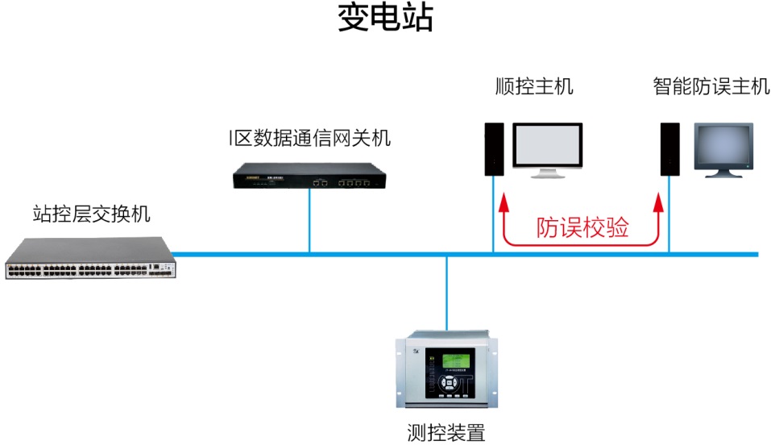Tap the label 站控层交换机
[x=91, y=214]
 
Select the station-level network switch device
[x=90, y=260]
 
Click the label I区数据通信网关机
[x=309, y=139]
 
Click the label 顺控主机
[x=534, y=86]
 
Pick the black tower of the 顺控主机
[x=494, y=149]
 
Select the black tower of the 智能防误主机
[x=668, y=149]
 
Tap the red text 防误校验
[x=583, y=229]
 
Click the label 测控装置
[x=446, y=433]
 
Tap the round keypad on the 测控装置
[x=446, y=384]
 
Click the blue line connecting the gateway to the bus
[x=309, y=222]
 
